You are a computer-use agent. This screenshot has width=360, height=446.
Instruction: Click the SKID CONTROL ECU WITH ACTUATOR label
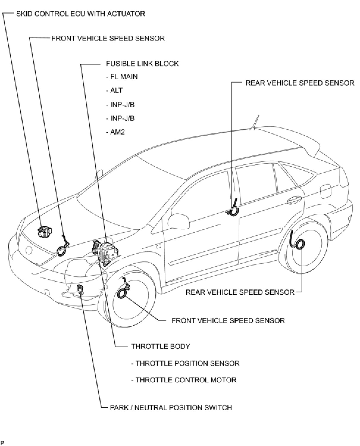[x=80, y=14]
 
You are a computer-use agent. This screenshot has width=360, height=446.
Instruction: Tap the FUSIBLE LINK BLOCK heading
[x=142, y=64]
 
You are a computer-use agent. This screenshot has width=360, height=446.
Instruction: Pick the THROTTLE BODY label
[x=160, y=346]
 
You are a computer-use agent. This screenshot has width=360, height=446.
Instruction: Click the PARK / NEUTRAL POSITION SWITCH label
[x=171, y=407]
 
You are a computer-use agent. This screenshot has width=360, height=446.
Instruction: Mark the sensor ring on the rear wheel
[x=299, y=244]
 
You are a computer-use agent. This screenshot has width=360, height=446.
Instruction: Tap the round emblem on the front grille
[x=29, y=250]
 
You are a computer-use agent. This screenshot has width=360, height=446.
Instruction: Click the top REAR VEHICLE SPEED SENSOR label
[x=300, y=83]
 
